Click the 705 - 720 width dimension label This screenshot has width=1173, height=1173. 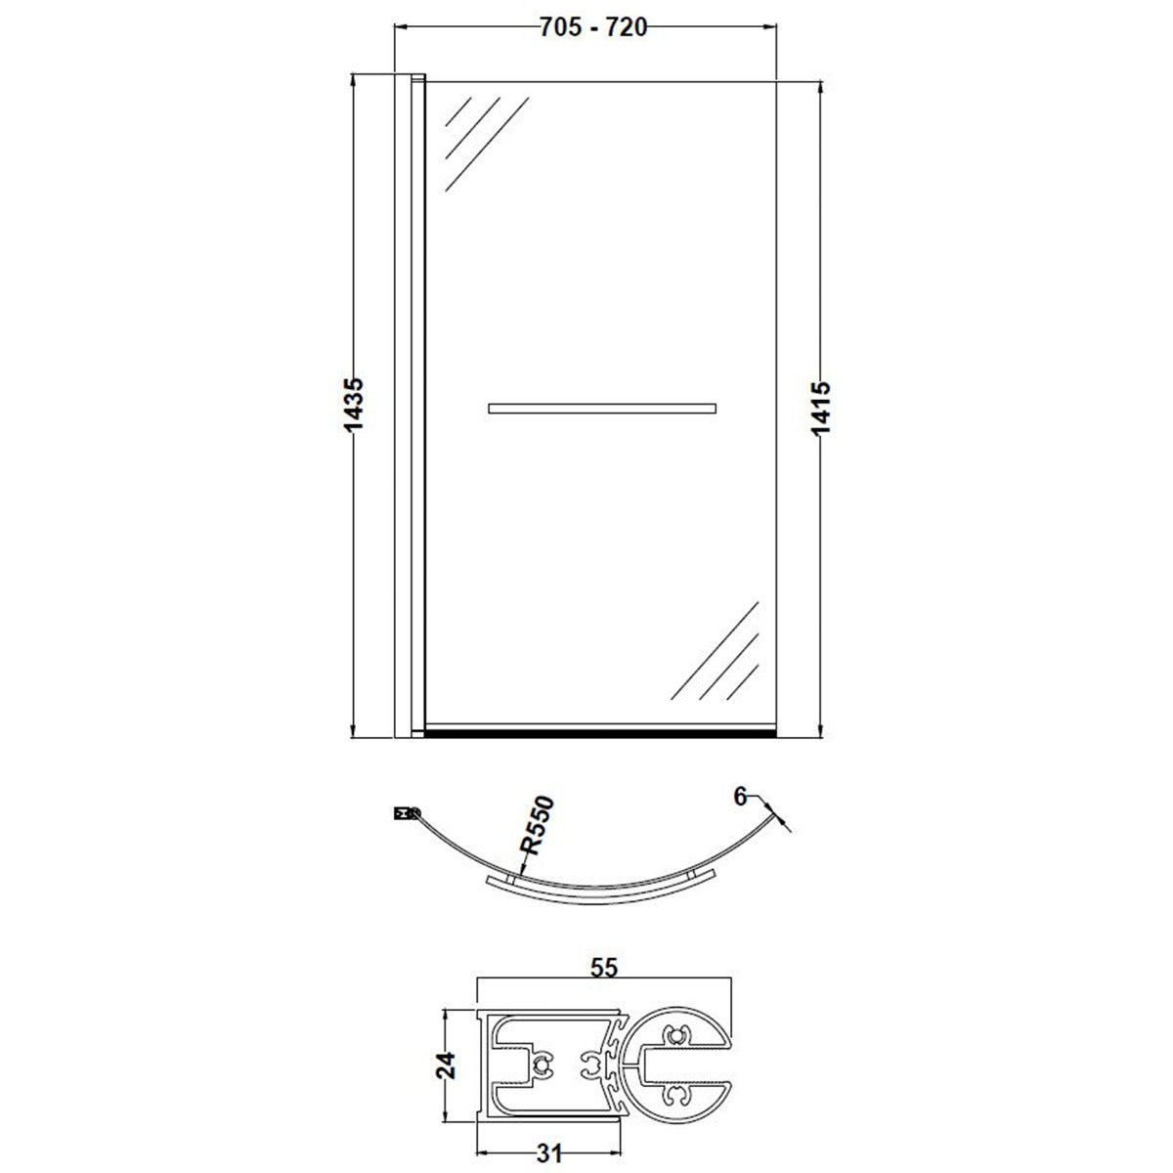[593, 27]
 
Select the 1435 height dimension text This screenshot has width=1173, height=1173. [354, 406]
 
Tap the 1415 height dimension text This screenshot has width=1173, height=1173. [821, 408]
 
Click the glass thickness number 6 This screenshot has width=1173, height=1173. [740, 796]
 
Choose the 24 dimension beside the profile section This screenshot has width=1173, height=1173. [446, 1065]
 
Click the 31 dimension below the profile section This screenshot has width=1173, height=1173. [549, 1152]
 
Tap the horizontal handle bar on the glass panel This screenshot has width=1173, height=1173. [602, 409]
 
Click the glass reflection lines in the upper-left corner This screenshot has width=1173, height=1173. [486, 144]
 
